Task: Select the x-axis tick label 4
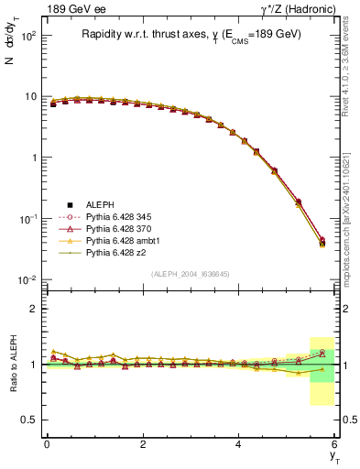point(239,444)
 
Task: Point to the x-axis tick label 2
point(143,444)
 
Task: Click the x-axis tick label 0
point(47,444)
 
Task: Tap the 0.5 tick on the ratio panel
point(29,420)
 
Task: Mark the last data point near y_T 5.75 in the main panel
point(322,243)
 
